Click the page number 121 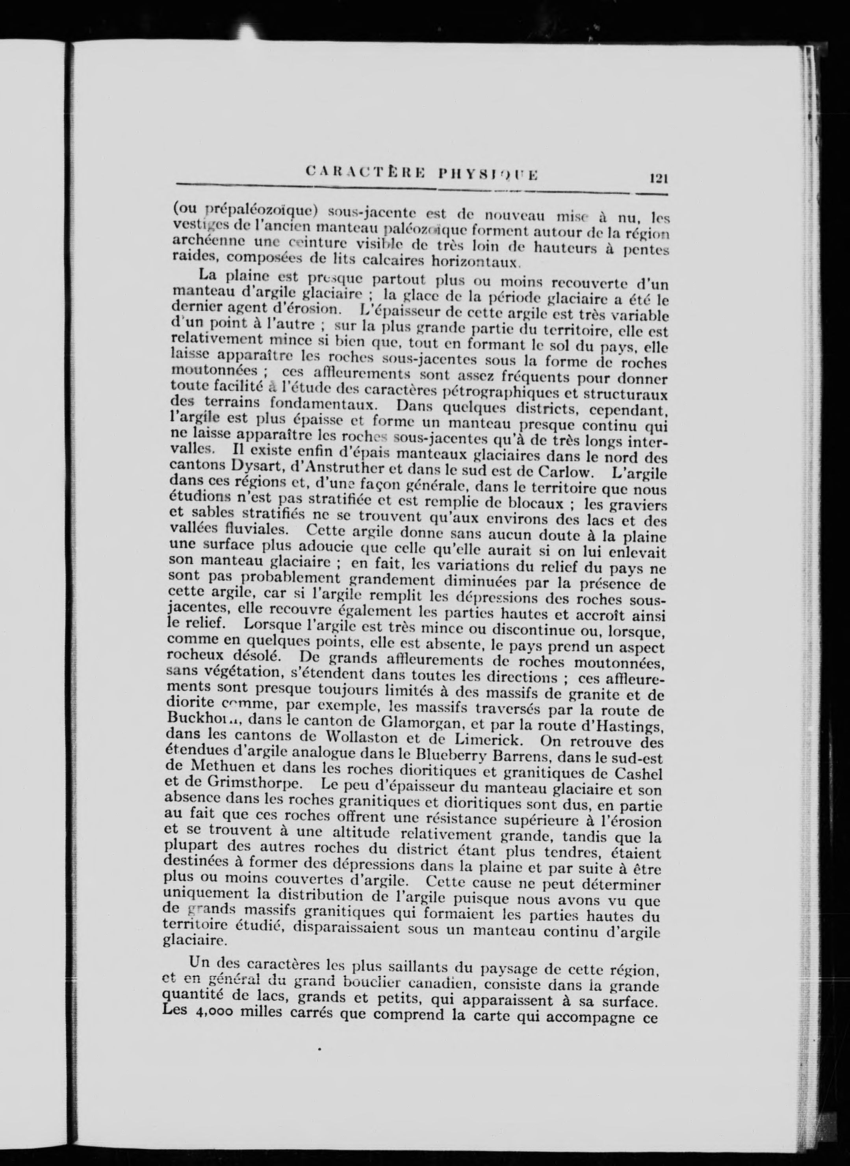[x=658, y=178]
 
